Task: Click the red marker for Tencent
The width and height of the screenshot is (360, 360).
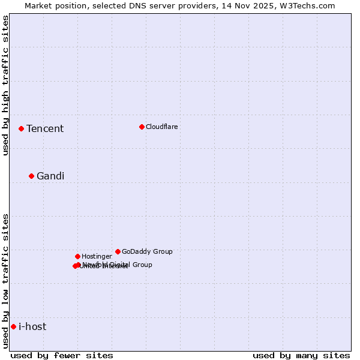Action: (x=21, y=128)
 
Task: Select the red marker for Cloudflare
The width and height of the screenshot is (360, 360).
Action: (x=142, y=127)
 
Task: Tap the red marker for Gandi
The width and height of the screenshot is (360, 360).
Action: (x=32, y=176)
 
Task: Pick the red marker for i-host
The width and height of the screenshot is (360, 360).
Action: (x=13, y=326)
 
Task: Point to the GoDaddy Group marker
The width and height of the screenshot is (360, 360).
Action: (x=118, y=251)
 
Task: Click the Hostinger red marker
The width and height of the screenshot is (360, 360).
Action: (x=77, y=256)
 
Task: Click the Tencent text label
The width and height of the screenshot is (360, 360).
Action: (x=45, y=128)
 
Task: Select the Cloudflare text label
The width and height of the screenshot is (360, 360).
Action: (x=162, y=127)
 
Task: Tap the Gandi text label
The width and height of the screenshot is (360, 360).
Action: (x=50, y=176)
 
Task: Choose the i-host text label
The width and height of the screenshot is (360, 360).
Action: (x=32, y=326)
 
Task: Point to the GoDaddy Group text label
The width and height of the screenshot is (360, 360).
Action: (x=147, y=251)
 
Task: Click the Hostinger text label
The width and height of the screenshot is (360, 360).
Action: (x=97, y=256)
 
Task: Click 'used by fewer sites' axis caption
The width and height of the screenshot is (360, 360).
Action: (x=62, y=355)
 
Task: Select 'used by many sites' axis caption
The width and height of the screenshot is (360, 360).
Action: (x=301, y=355)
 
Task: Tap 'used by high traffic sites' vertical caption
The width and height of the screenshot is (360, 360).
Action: (x=6, y=85)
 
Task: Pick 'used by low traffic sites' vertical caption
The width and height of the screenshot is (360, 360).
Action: (x=6, y=280)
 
